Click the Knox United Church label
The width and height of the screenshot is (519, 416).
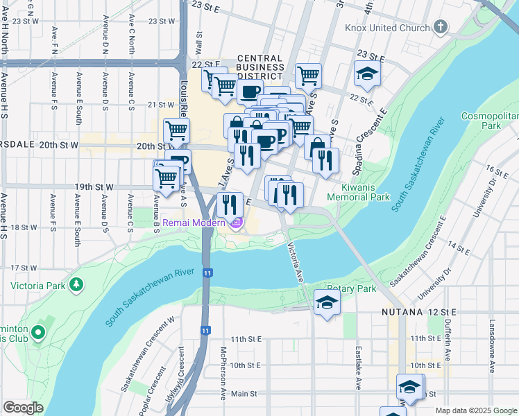coord(387,28)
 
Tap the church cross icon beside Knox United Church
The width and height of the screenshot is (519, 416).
coord(439,28)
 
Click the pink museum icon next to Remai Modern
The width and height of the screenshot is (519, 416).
coord(237,223)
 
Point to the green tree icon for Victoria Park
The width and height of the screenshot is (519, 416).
coord(76,285)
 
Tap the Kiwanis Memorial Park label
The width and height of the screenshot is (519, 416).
coord(366,192)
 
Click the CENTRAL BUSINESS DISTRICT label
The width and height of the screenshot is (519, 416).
coord(260,68)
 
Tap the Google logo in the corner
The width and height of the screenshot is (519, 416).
coord(23,408)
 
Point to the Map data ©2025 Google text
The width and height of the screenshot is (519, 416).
coord(475,410)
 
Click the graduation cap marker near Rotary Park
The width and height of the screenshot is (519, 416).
coord(327,303)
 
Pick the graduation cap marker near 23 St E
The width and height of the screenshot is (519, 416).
coord(366,74)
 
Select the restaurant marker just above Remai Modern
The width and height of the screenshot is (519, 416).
coord(230,205)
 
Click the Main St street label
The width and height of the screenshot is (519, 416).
coord(244,393)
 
